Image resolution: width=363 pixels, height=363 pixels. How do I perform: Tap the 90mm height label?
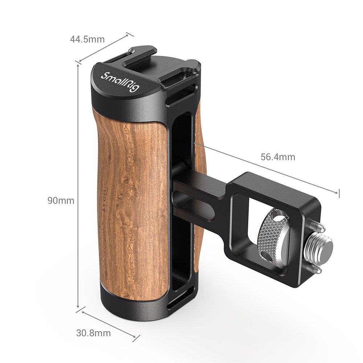coord(61,200)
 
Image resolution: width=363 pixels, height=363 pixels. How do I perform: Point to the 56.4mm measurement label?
coord(278,157)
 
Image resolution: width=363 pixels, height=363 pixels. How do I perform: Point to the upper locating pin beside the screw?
coord(319,226)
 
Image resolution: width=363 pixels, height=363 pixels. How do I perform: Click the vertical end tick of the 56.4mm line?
coord(339,193)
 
